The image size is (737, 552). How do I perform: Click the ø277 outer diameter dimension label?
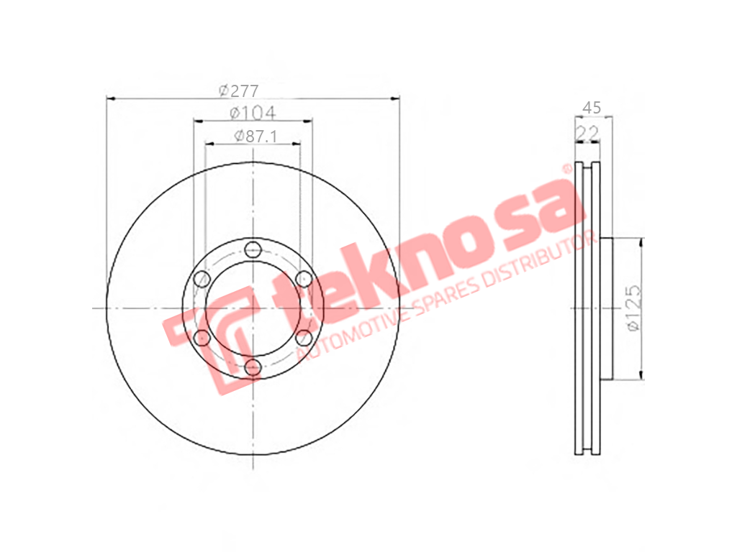coord(239,90)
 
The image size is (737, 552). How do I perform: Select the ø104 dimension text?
coord(253,113)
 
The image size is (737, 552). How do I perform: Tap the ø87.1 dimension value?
coord(256,136)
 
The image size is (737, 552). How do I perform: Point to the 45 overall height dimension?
coord(592,108)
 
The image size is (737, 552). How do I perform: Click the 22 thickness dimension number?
coord(587,133)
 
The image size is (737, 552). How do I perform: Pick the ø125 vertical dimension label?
coord(634,308)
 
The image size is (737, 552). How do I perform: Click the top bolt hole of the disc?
coord(253,249)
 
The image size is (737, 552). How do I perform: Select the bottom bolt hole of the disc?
coord(253,367)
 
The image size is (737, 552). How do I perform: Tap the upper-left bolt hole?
coord(202,279)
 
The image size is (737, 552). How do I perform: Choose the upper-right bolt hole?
coord(304,279)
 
